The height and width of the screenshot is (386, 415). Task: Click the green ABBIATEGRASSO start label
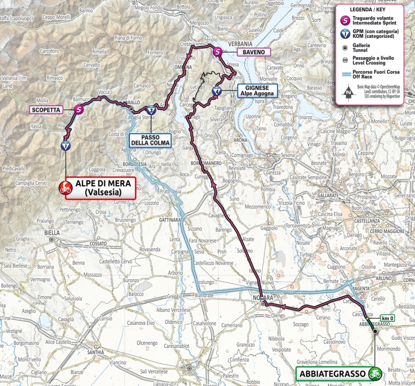[332, 373]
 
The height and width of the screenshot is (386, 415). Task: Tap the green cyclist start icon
[374, 373]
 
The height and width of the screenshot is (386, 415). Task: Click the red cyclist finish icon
[65, 188]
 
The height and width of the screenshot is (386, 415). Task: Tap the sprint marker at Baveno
[217, 52]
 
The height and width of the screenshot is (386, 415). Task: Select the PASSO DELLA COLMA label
[150, 139]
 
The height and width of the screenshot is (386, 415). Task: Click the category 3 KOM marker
[151, 110]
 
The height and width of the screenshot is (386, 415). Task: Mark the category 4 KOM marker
[216, 91]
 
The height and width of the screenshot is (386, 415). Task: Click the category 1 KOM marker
[65, 146]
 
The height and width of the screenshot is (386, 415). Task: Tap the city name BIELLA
[52, 233]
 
